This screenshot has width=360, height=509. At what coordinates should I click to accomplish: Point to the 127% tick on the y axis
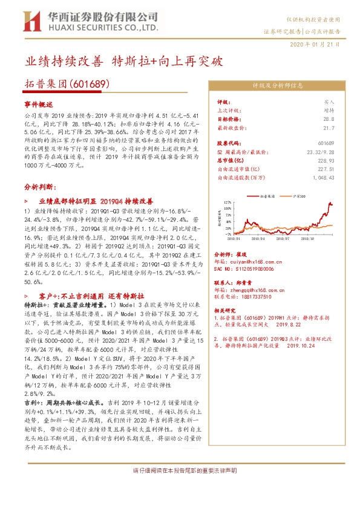click(x=227, y=202)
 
